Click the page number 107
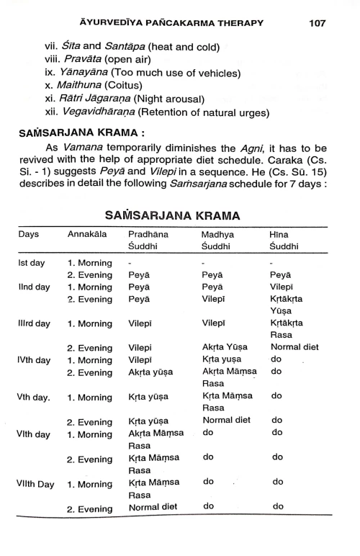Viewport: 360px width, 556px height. click(x=318, y=23)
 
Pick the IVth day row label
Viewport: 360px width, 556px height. click(x=33, y=359)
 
